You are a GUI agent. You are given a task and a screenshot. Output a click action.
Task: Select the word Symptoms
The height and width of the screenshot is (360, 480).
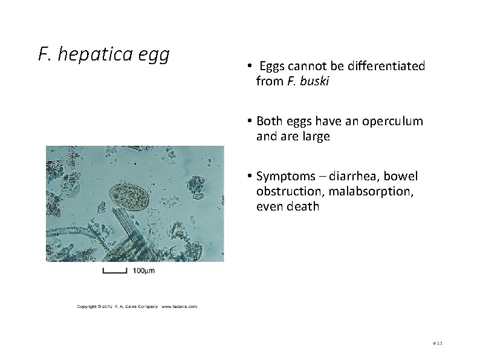pyautogui.click(x=282, y=176)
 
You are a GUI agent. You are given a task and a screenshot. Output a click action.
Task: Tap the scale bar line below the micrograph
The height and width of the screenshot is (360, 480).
pyautogui.click(x=114, y=272)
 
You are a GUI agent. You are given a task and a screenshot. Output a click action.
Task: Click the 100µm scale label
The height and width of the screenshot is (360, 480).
pyautogui.click(x=143, y=270)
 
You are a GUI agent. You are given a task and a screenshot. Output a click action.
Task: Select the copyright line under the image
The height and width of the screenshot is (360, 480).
pyautogui.click(x=137, y=306)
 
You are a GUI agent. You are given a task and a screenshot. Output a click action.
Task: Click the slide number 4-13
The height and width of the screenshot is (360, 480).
pyautogui.click(x=438, y=343)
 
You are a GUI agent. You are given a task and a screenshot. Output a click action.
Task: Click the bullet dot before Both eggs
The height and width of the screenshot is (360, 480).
pyautogui.click(x=249, y=121)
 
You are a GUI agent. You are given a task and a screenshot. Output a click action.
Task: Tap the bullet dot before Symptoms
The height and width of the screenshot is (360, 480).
pyautogui.click(x=249, y=176)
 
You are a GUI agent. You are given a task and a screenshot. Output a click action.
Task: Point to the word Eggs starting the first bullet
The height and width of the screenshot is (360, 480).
pyautogui.click(x=271, y=65)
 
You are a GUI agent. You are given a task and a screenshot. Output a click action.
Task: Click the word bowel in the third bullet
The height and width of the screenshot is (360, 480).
pyautogui.click(x=401, y=176)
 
